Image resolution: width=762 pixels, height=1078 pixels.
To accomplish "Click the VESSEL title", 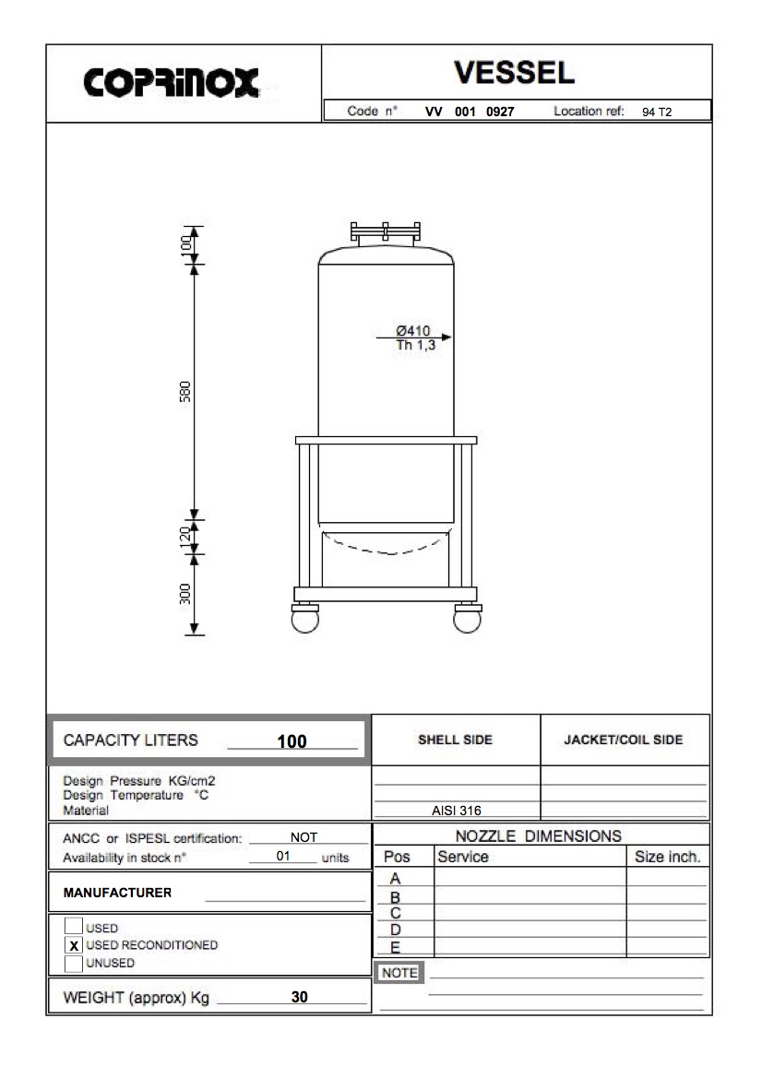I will [x=514, y=72].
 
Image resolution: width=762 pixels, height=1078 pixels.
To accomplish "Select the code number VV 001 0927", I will [x=469, y=112].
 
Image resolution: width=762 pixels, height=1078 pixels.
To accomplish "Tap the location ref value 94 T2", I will [x=658, y=113].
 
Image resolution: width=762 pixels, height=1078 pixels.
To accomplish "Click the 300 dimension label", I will [x=185, y=594].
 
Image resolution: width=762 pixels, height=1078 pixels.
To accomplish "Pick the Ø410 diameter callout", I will [x=412, y=331].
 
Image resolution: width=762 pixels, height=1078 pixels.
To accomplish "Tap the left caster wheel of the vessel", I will [x=304, y=619].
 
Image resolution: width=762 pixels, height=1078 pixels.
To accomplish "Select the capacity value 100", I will [x=292, y=741].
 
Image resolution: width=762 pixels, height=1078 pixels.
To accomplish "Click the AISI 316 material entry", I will [x=456, y=811].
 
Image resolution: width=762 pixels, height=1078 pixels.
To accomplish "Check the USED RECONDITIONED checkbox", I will [x=74, y=945].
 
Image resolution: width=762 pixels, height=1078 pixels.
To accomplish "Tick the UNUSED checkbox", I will [x=74, y=964].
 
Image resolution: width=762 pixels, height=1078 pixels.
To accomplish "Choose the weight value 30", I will [x=299, y=997].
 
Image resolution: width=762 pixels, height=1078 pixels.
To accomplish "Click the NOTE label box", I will [x=399, y=973].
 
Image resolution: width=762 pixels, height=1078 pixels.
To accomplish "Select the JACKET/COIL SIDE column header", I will [x=624, y=740].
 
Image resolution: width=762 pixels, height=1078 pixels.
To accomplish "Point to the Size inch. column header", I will [x=667, y=857].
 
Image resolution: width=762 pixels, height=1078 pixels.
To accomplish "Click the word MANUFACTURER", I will [x=117, y=894].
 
